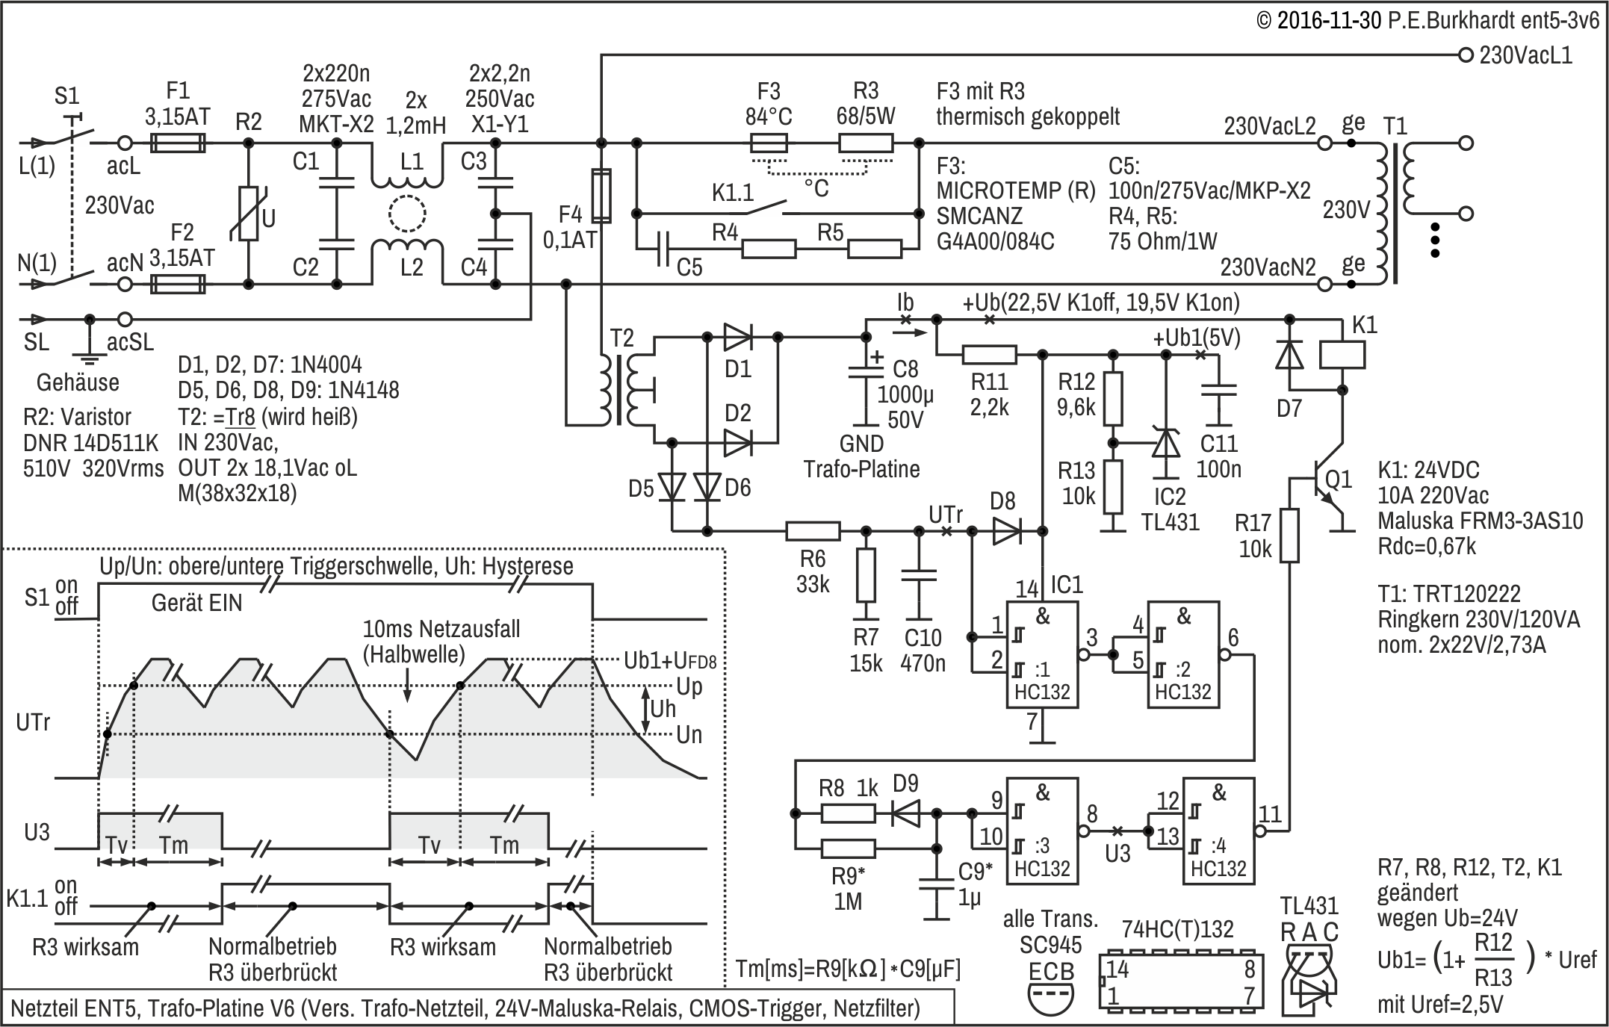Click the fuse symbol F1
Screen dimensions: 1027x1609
(178, 143)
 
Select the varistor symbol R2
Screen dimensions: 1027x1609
(248, 214)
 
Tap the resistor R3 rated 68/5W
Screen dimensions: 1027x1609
(866, 143)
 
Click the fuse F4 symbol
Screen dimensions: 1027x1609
(601, 196)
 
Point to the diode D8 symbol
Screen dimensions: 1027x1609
(1006, 531)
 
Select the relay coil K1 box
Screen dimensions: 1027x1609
(1342, 355)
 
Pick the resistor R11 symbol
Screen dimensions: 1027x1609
(989, 355)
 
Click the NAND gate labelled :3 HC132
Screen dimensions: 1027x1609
(1041, 831)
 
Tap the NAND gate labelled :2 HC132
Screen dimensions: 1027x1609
(1182, 654)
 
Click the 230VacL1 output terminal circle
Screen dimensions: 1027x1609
(1466, 55)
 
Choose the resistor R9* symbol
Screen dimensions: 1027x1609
(848, 848)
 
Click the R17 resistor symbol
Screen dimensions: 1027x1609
(1289, 535)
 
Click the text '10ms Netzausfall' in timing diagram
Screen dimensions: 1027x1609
(441, 628)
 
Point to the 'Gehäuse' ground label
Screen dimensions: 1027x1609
(78, 382)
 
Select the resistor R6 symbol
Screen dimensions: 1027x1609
(813, 531)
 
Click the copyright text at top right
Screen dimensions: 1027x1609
(1427, 20)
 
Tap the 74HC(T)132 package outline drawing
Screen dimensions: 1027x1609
(1181, 981)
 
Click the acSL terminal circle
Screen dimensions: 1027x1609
(125, 320)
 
